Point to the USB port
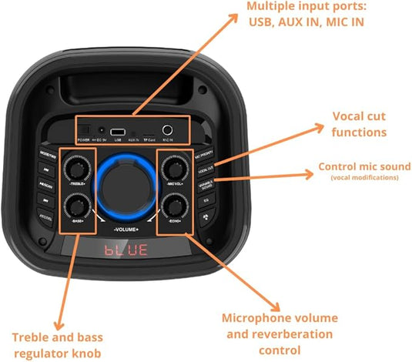click(118, 132)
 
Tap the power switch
click(84, 131)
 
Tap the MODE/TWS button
click(45, 154)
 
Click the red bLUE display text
click(124, 251)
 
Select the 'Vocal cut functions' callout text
click(359, 124)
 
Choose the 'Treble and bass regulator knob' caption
click(57, 344)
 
